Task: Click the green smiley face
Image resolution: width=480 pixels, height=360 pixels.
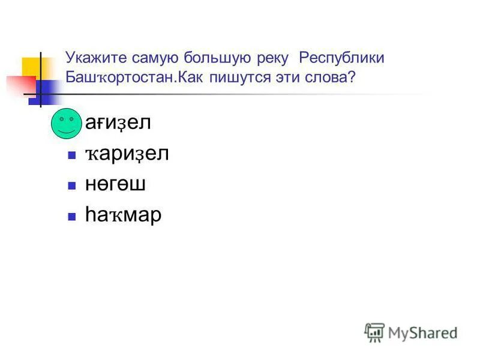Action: [x=65, y=124]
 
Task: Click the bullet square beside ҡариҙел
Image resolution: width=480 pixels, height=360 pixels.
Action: [x=71, y=155]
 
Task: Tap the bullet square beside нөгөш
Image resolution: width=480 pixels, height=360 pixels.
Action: [x=71, y=185]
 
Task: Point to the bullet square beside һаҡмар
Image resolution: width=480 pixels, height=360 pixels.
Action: [x=71, y=215]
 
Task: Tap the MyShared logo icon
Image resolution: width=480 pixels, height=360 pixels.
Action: [x=374, y=332]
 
